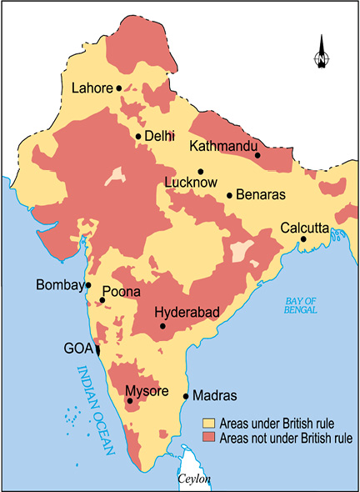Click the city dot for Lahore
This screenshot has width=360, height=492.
click(x=119, y=88)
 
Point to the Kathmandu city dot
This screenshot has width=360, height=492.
click(x=257, y=155)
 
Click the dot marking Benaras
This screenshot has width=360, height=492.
click(x=229, y=196)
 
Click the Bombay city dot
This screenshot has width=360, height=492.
click(x=88, y=285)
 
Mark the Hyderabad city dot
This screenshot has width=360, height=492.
click(x=162, y=326)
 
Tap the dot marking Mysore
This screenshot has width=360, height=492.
click(x=129, y=402)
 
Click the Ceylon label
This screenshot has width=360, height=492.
click(x=194, y=480)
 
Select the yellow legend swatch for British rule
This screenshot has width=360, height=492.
click(x=209, y=424)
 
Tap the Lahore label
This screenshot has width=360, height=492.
click(x=92, y=88)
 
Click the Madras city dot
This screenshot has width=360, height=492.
click(x=185, y=396)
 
